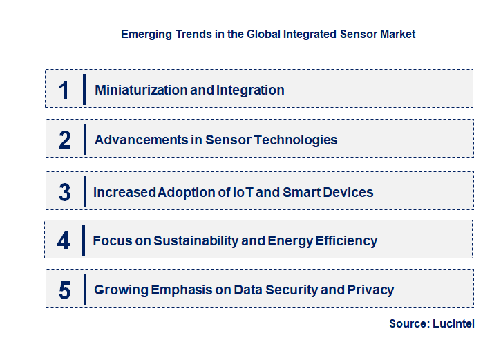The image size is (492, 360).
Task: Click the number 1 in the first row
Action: click(x=64, y=90)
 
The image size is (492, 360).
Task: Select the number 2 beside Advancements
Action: click(x=65, y=140)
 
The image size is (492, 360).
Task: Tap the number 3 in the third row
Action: click(x=65, y=192)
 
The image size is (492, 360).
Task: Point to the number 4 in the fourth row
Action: click(x=64, y=241)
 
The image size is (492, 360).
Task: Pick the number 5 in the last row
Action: click(x=65, y=290)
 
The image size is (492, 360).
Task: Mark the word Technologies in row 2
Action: click(x=296, y=140)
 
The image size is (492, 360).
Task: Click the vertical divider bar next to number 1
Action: click(x=84, y=90)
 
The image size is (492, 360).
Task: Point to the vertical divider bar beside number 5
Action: click(x=84, y=290)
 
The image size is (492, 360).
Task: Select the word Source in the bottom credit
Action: click(x=408, y=323)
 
